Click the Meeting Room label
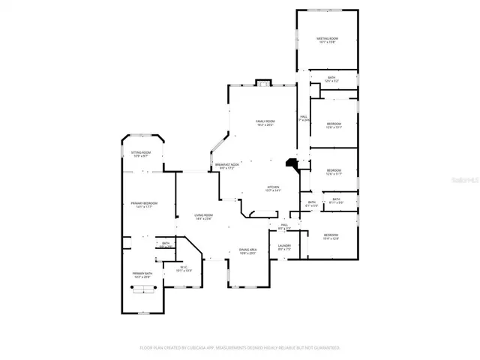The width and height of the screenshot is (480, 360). pyautogui.click(x=327, y=40)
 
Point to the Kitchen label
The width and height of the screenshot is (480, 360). pyautogui.click(x=273, y=188)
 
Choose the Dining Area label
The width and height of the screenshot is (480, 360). pyautogui.click(x=247, y=251)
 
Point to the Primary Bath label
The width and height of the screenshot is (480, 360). pyautogui.click(x=142, y=275)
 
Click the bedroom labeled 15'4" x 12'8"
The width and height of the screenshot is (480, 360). pyautogui.click(x=331, y=237)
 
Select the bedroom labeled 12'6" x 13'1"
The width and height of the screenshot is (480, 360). pyautogui.click(x=333, y=125)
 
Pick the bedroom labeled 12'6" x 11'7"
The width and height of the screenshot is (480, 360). pyautogui.click(x=334, y=172)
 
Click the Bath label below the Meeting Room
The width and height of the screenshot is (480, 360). pyautogui.click(x=331, y=79)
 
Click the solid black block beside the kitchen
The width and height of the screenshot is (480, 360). pyautogui.click(x=291, y=164)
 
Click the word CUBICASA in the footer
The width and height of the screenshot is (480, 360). pyautogui.click(x=199, y=348)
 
